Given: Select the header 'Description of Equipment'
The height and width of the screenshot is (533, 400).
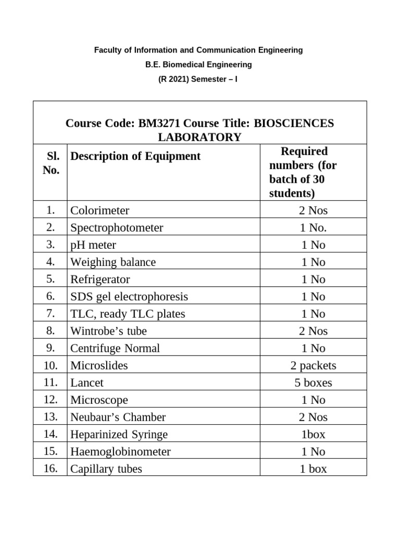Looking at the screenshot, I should click(x=135, y=156).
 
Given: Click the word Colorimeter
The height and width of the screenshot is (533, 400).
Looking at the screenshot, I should click(x=100, y=211).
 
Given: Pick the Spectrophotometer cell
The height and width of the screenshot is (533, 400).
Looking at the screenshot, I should click(x=117, y=228).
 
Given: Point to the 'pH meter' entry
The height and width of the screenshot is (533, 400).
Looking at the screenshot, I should click(x=93, y=245).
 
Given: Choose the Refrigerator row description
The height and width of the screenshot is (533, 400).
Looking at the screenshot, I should click(x=100, y=280).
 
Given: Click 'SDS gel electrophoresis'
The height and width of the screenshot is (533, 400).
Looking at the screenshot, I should click(x=129, y=297).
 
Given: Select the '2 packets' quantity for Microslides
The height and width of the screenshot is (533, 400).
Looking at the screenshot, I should click(x=313, y=365).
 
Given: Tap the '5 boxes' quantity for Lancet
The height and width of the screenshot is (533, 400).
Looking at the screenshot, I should click(x=313, y=383).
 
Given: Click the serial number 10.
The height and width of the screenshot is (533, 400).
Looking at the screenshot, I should click(x=50, y=365).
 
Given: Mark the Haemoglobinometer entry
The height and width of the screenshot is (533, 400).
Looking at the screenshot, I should click(x=120, y=451).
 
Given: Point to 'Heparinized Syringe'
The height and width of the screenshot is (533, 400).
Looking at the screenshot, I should click(x=119, y=434).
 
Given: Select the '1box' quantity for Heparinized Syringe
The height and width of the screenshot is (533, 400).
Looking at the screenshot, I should click(x=313, y=434).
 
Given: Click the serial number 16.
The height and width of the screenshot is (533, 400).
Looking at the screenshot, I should click(x=50, y=468).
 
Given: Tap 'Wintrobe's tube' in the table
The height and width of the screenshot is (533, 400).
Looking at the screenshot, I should click(x=109, y=331).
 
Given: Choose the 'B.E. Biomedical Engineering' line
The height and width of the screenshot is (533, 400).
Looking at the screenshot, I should click(x=198, y=65).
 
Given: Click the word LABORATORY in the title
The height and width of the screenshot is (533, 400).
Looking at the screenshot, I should click(x=199, y=137).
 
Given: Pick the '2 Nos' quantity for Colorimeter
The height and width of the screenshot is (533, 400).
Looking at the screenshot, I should click(x=313, y=211).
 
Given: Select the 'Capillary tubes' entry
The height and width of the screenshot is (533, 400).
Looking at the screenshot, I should click(x=106, y=468).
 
